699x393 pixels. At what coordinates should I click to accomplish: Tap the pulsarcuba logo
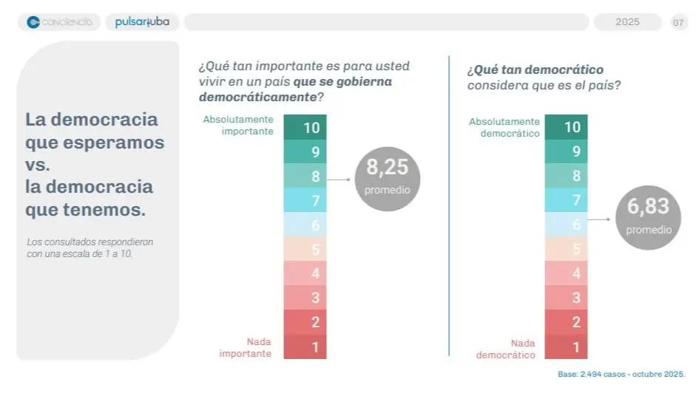(142, 22)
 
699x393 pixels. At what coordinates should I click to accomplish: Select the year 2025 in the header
(627, 22)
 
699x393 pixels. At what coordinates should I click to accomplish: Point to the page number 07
(678, 22)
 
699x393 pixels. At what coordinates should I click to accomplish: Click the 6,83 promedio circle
(648, 217)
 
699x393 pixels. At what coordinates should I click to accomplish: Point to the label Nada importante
(246, 347)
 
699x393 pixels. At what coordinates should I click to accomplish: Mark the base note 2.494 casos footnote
(621, 374)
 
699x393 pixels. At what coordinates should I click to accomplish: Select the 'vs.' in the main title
(38, 165)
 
